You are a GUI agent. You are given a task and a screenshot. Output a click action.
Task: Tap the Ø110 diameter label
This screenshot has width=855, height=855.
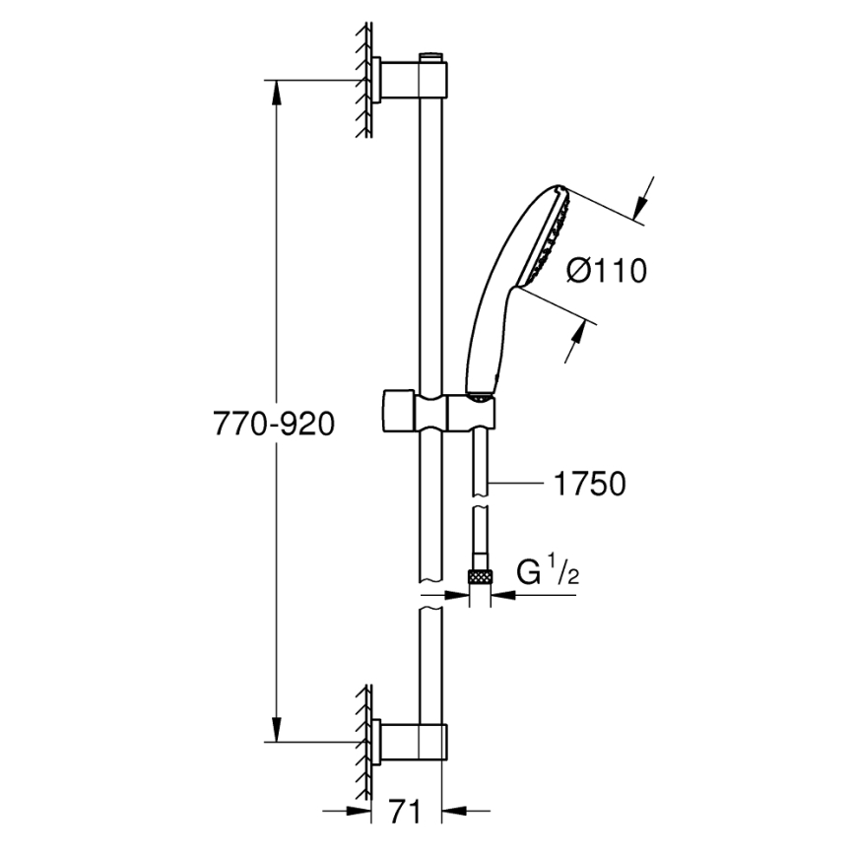pos(607,270)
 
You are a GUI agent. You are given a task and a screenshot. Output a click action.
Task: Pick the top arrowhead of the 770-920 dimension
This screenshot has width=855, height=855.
pos(277,89)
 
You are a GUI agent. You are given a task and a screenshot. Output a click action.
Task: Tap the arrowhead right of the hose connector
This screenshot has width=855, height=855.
pos(498,594)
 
